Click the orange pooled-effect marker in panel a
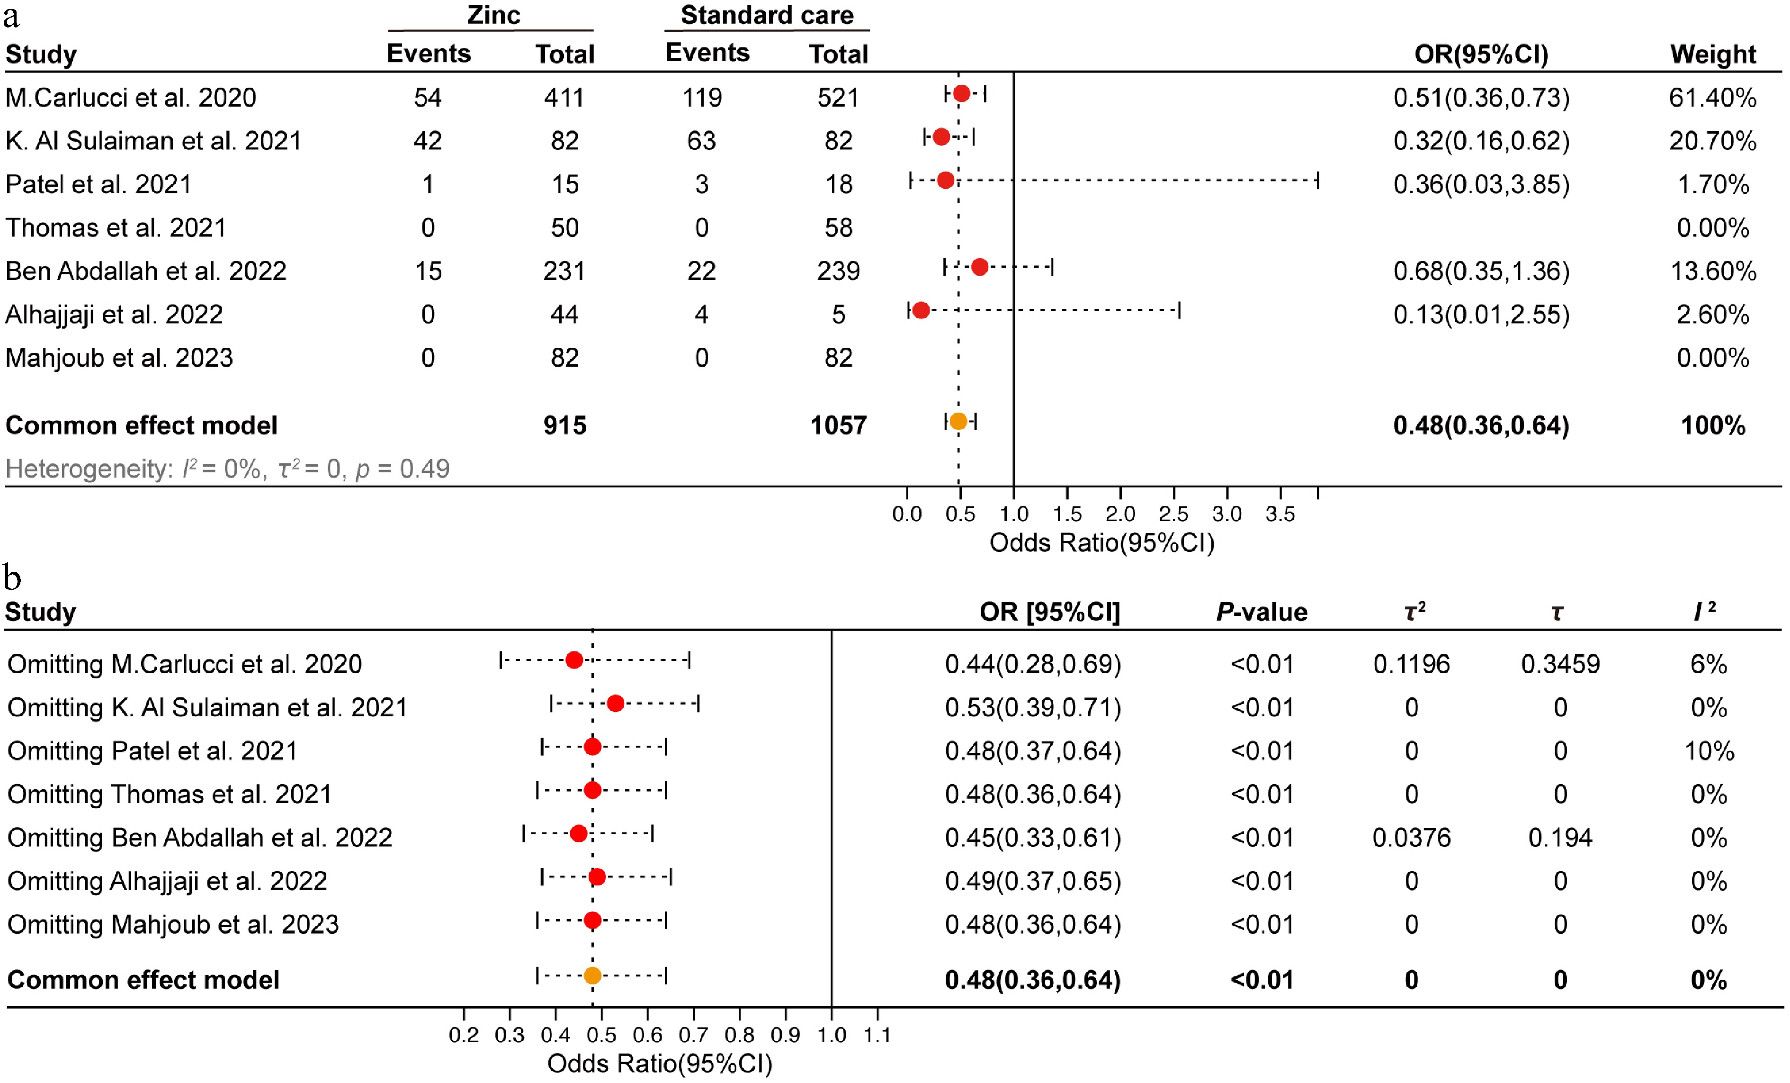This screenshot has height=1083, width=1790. coord(958,422)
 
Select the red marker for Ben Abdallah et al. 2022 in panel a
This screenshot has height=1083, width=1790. coord(979,268)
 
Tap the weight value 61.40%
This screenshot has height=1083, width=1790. coord(1712,98)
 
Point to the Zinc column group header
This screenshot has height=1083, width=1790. coord(493,15)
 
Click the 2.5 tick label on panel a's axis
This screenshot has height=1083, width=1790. coord(1173,514)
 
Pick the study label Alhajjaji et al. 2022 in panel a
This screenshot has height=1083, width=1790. coord(114,314)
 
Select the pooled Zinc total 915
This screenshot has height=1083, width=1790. coord(564,425)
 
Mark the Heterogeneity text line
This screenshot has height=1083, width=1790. coord(227,469)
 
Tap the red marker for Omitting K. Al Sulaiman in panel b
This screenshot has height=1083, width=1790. coord(615,704)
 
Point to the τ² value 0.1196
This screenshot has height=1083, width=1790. coord(1411,664)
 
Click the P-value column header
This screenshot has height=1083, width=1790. coord(1262,612)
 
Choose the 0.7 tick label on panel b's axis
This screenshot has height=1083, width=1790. coord(693,1034)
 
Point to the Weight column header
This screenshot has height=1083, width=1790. coord(1712,54)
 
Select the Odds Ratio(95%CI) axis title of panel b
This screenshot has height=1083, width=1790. coord(660,1064)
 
